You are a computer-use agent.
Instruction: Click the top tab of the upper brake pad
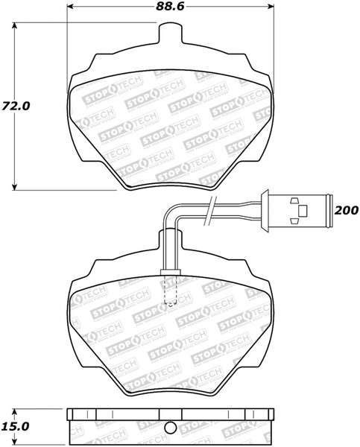pyautogui.click(x=172, y=34)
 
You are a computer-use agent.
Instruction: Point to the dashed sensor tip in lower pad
pyautogui.click(x=170, y=295)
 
